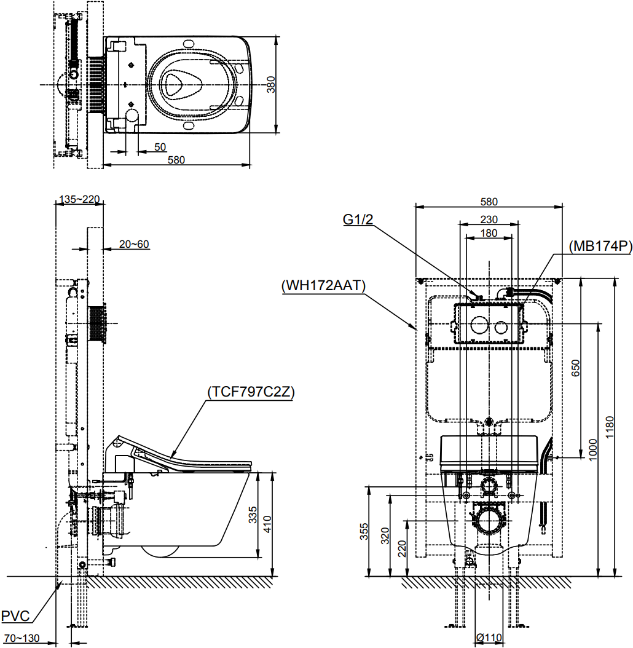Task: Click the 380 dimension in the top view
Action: (x=270, y=84)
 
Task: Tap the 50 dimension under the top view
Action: (x=160, y=147)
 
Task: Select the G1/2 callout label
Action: (x=358, y=219)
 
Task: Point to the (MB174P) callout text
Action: (x=600, y=247)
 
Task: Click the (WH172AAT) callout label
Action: (x=323, y=285)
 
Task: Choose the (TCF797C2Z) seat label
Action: (x=251, y=392)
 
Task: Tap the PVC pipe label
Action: (x=16, y=616)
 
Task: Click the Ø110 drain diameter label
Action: (x=489, y=638)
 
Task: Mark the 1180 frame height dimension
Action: (x=610, y=428)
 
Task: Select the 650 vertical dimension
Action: (x=576, y=368)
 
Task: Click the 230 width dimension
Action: (x=489, y=219)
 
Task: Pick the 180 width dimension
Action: (x=489, y=233)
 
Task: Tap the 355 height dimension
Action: (x=364, y=531)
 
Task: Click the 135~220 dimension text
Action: (x=79, y=199)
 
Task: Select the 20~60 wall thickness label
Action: (x=135, y=244)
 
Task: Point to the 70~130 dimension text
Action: (x=22, y=638)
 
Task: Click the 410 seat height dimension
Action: (x=267, y=524)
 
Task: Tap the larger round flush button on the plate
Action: (x=479, y=325)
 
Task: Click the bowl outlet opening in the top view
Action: (x=179, y=84)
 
